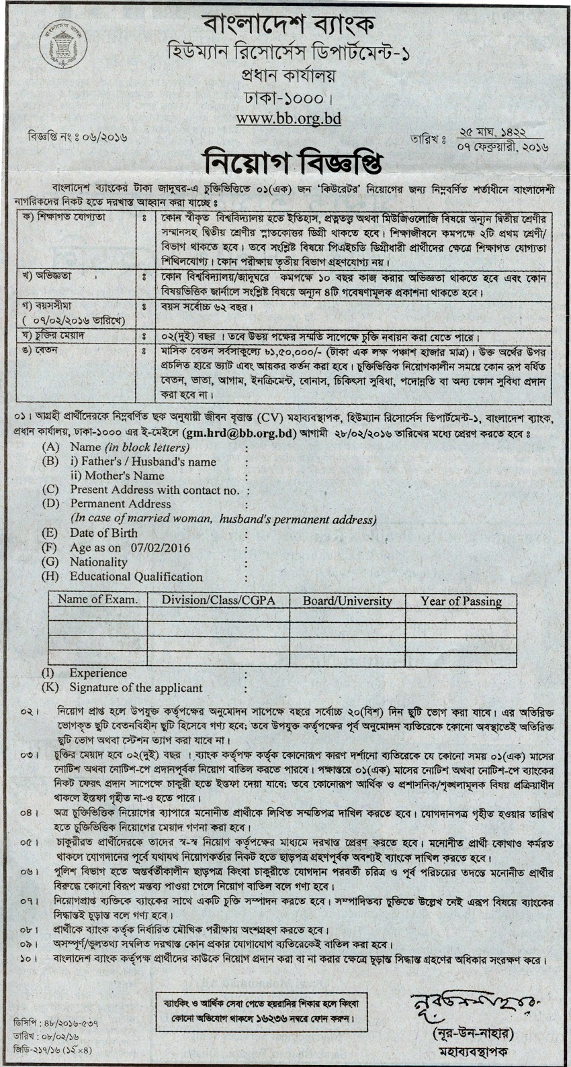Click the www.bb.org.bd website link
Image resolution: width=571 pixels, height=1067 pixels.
tap(288, 118)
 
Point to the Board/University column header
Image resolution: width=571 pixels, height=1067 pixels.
tap(347, 601)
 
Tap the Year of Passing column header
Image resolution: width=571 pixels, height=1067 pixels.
tap(462, 601)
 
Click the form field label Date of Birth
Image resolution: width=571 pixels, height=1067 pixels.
tap(99, 533)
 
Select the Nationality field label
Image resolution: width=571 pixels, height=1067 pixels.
tap(98, 562)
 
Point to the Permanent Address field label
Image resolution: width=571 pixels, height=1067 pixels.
tap(120, 503)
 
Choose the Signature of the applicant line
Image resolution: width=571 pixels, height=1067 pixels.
tap(136, 687)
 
